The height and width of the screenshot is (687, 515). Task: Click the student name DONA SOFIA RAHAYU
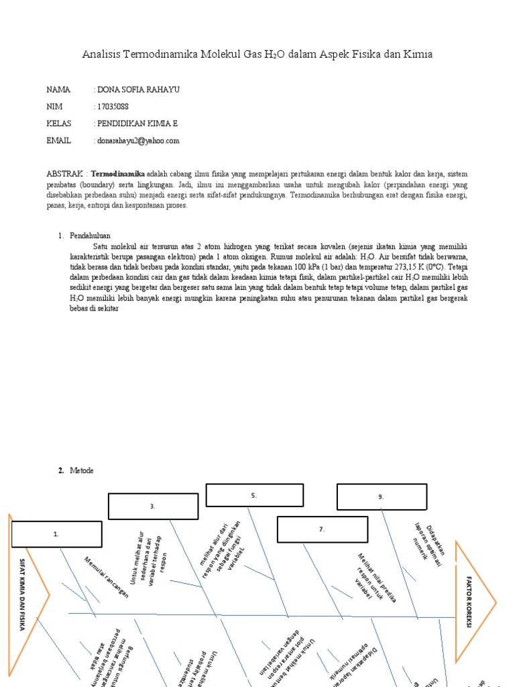139,89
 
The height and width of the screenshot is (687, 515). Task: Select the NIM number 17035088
113,107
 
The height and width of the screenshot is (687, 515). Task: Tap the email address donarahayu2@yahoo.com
139,141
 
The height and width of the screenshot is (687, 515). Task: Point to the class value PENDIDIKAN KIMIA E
138,123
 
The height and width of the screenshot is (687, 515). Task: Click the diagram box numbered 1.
56,534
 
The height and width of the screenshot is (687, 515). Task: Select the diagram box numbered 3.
153,507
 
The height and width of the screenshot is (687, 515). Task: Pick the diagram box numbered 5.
254,495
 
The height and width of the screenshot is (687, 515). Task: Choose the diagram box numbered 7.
322,529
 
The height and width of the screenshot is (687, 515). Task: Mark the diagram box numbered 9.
381,496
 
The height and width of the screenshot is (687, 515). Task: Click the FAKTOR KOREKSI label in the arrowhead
469,601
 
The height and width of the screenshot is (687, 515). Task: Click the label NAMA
58,89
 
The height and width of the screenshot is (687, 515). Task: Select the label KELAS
59,123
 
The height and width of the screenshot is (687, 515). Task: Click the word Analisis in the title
101,54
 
